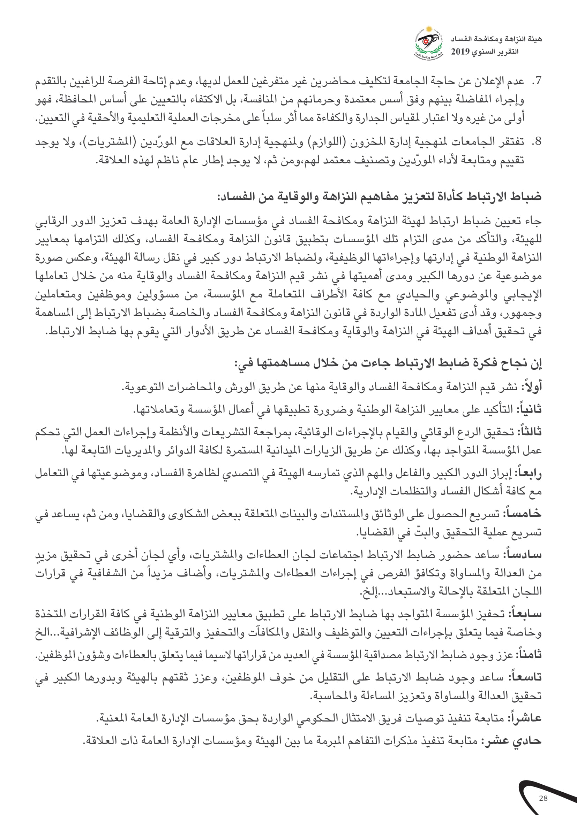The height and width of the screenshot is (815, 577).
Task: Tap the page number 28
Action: tap(543, 798)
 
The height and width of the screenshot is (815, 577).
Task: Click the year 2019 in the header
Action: tap(460, 52)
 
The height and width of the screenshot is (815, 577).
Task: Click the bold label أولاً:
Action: tap(532, 386)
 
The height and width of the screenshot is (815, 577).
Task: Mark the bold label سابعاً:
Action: tap(526, 613)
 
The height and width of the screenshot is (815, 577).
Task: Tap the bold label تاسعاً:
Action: tap(526, 677)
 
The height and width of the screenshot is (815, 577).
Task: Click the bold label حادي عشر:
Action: tap(511, 741)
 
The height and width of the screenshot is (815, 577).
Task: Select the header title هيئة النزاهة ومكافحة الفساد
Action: tap(496, 39)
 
